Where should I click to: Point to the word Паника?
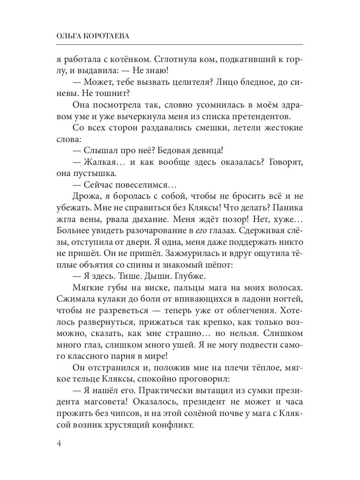(286, 209)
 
